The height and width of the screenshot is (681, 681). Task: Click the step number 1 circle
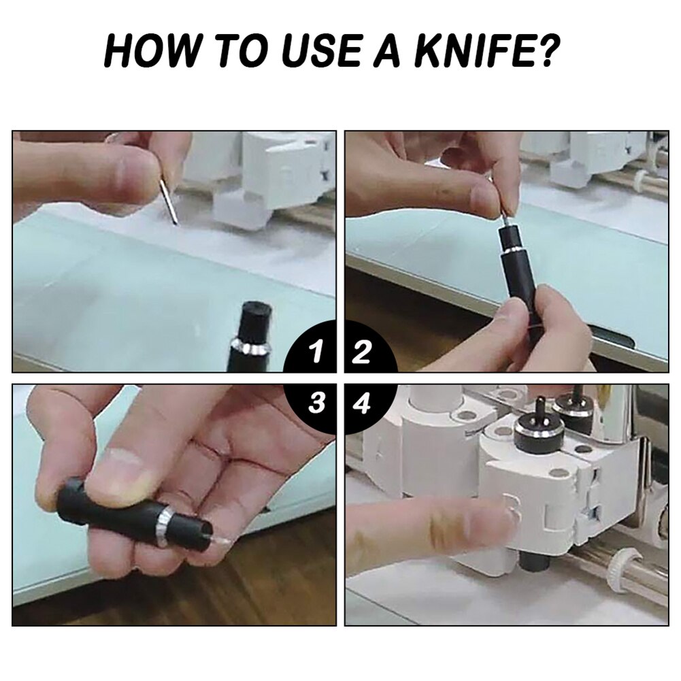(310, 348)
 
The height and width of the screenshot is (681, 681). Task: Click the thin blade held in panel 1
(169, 201)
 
